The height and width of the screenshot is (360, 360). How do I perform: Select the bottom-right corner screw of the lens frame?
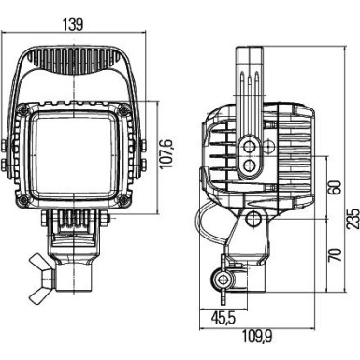[122, 199]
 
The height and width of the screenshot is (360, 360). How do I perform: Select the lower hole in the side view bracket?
[249, 166]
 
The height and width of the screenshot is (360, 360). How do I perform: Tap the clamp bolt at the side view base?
[222, 278]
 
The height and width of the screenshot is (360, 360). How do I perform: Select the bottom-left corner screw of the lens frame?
[32, 199]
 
